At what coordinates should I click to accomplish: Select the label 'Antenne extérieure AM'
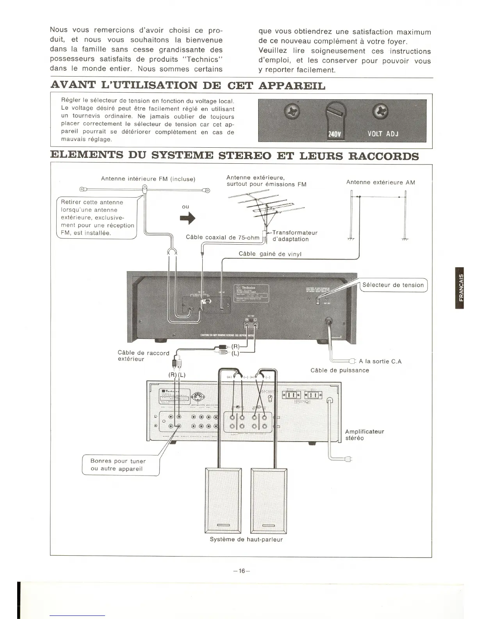(380, 182)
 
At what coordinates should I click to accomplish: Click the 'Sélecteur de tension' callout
(393, 285)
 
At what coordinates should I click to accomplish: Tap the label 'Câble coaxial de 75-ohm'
(223, 237)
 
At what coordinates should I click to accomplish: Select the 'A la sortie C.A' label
(380, 361)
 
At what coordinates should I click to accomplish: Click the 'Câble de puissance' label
(339, 370)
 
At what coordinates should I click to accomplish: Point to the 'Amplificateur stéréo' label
(364, 435)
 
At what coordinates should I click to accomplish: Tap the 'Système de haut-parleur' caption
(246, 539)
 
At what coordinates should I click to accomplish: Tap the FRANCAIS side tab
(461, 288)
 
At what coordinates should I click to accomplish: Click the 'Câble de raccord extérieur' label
(143, 356)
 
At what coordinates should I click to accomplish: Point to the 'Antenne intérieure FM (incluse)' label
(148, 179)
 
